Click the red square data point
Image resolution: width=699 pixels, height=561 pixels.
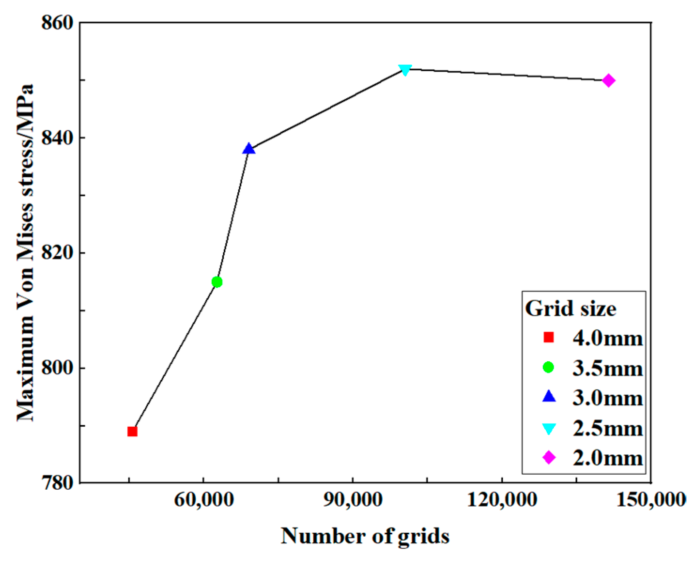click(x=132, y=432)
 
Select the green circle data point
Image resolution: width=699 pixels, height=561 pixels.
click(x=217, y=282)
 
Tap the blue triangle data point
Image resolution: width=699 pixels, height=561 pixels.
click(x=248, y=149)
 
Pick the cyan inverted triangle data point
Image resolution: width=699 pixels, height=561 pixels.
click(x=405, y=70)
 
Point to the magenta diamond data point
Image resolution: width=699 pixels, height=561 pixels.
click(x=608, y=80)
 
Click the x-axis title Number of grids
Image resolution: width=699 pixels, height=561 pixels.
click(x=365, y=536)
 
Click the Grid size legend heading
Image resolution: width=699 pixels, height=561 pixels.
click(x=571, y=308)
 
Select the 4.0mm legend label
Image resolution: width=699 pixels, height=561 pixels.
click(x=608, y=338)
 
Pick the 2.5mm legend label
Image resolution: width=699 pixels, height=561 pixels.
click(x=608, y=428)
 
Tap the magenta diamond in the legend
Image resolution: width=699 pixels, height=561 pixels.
click(x=549, y=458)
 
